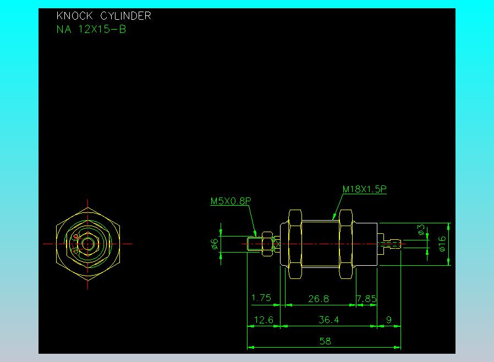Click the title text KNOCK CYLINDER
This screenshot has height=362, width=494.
103,16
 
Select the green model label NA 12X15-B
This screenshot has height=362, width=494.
91,29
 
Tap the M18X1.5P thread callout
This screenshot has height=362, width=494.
364,189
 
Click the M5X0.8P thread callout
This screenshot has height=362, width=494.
230,201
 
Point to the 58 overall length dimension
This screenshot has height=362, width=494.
325,341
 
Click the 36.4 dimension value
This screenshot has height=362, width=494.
329,320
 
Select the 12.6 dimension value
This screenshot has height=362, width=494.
264,320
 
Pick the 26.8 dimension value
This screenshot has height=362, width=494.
319,298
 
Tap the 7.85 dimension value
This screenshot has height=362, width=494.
366,298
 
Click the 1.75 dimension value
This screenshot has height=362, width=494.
261,298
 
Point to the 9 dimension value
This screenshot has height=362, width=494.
389,320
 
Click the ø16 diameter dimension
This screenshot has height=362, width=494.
442,244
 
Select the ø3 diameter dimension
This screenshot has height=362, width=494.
421,229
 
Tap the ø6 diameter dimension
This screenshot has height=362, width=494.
214,244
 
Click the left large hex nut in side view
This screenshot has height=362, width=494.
295,244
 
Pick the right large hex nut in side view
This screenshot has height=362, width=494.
345,244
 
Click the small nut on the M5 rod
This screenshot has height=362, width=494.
267,244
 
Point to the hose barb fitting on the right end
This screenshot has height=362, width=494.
389,244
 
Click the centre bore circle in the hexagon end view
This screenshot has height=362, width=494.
87,244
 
